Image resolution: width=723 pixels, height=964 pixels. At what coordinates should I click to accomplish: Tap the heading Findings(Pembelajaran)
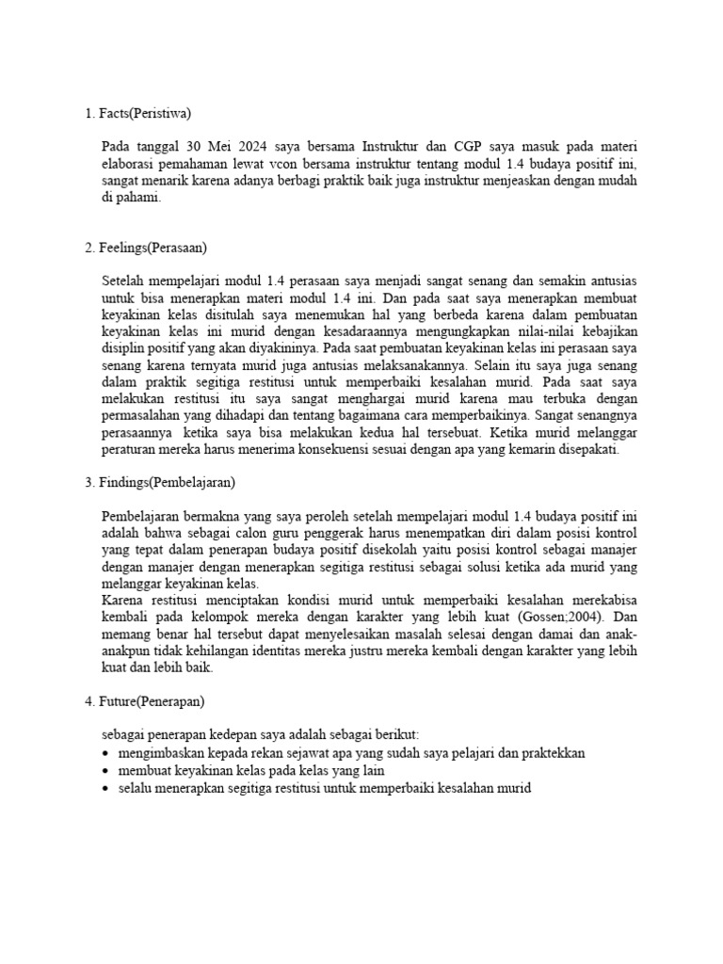pyautogui.click(x=166, y=483)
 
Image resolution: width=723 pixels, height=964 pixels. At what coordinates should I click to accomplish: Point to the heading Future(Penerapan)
pyautogui.click(x=151, y=701)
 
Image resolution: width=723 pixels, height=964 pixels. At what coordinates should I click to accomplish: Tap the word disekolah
pyautogui.click(x=398, y=551)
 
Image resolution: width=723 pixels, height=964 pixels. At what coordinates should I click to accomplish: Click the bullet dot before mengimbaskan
pyautogui.click(x=104, y=754)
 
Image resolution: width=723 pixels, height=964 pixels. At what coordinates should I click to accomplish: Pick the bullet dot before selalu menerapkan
pyautogui.click(x=104, y=788)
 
